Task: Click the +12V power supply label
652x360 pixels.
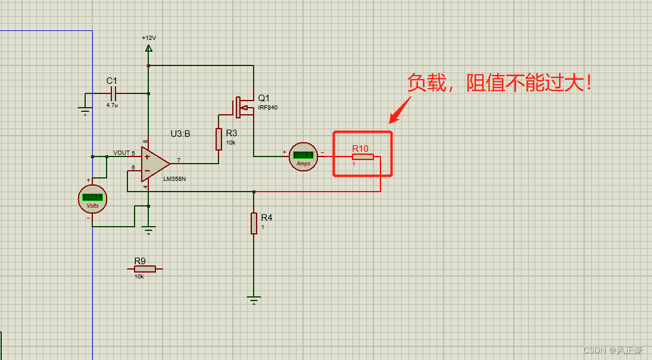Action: [x=148, y=37]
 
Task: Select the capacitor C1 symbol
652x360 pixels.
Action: [x=114, y=93]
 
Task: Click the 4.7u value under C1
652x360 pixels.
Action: [x=112, y=105]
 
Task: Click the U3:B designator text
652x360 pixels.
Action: [x=180, y=134]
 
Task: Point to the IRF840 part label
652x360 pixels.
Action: [x=267, y=108]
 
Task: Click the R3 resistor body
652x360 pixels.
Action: [x=219, y=139]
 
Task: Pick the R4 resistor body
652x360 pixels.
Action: [x=254, y=223]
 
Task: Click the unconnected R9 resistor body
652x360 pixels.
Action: [x=145, y=269]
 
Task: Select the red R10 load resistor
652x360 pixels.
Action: [x=362, y=156]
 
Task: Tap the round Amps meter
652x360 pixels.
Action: [x=304, y=157]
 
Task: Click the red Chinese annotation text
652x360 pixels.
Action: [x=500, y=83]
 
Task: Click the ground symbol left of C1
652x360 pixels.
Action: [x=85, y=110]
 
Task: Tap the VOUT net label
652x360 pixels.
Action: [x=121, y=153]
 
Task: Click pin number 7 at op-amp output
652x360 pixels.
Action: [x=179, y=160]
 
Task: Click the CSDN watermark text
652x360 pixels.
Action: [x=613, y=350]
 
